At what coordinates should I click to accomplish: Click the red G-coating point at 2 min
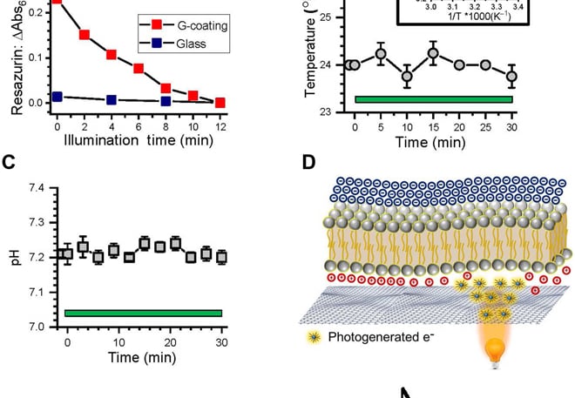pos(85,35)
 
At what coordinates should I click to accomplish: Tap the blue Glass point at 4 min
pos(112,99)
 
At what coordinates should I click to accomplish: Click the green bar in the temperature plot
pos(433,99)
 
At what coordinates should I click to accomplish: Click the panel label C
pos(10,161)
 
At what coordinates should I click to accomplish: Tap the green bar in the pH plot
pos(144,313)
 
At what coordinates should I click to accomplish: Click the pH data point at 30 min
pos(222,257)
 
